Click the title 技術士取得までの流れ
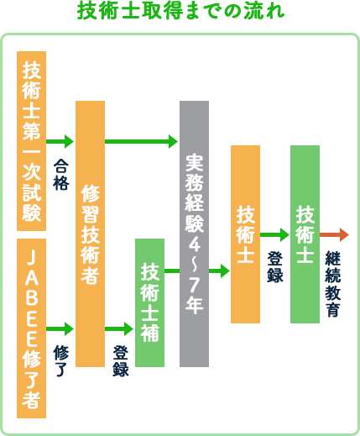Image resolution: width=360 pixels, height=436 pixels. click(x=180, y=11)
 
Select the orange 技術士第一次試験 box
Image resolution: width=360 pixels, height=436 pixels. click(x=31, y=141)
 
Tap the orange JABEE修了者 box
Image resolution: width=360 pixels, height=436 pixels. click(x=31, y=328)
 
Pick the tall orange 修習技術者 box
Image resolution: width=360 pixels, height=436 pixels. click(x=90, y=234)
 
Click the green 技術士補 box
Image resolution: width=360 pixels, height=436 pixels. click(x=149, y=302)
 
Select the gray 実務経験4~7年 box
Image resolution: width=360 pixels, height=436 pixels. click(x=194, y=234)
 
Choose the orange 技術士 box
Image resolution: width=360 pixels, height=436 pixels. click(x=245, y=234)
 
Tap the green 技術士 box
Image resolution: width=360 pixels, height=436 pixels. click(x=305, y=234)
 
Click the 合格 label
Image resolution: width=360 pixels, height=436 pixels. click(x=61, y=175)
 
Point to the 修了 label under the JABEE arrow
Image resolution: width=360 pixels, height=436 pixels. click(x=61, y=360)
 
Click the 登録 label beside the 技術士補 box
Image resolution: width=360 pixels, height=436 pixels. click(x=121, y=360)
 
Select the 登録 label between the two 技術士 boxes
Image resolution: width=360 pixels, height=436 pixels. click(x=275, y=267)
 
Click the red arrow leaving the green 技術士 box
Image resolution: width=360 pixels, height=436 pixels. click(x=334, y=234)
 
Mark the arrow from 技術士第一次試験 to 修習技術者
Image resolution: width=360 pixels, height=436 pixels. click(x=60, y=141)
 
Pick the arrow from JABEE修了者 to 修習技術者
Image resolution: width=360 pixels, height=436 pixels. click(x=60, y=328)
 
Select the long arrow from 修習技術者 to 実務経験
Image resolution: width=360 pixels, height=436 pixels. click(x=141, y=141)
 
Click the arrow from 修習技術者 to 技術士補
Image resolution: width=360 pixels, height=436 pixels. click(x=119, y=328)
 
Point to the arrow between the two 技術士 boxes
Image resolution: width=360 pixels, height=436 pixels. click(x=274, y=234)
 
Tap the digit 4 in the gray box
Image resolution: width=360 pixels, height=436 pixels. click(x=194, y=244)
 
